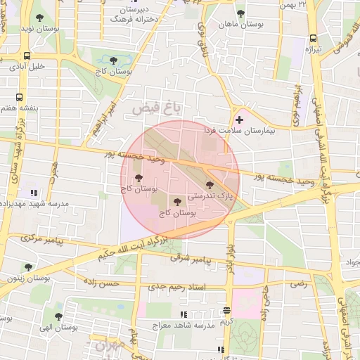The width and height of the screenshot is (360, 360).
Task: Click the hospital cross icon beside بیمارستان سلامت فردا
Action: point(239,120)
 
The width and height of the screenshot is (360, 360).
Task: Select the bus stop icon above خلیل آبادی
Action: point(27,56)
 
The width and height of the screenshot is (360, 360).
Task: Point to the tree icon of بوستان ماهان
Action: point(240,13)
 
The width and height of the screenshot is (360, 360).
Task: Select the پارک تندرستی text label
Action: point(209,195)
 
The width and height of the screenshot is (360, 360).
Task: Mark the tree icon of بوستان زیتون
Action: point(28,267)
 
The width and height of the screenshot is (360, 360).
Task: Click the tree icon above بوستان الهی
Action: point(58,317)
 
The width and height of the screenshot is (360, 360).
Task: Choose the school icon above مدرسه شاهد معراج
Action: point(184,314)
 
